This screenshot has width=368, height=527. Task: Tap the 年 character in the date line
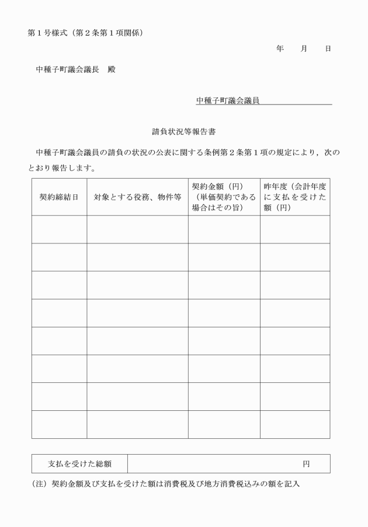click(280, 48)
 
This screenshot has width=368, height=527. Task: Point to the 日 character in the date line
click(328, 48)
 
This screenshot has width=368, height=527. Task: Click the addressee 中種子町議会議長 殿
click(75, 69)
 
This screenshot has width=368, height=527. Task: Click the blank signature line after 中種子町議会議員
click(296, 101)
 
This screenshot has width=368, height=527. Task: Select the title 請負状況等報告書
click(184, 132)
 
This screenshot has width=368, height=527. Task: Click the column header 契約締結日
click(59, 197)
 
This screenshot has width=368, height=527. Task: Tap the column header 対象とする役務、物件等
click(137, 197)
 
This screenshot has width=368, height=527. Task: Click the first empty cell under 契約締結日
click(59, 229)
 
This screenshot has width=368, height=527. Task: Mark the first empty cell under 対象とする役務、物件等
click(137, 229)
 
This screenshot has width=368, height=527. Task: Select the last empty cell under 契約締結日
click(59, 424)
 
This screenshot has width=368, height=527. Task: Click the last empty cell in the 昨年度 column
click(294, 424)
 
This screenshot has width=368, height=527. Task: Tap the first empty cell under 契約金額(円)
click(224, 229)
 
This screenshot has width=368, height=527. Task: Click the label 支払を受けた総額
click(79, 464)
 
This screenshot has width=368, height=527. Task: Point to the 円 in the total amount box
click(306, 464)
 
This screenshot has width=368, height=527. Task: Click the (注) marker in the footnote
click(39, 484)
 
